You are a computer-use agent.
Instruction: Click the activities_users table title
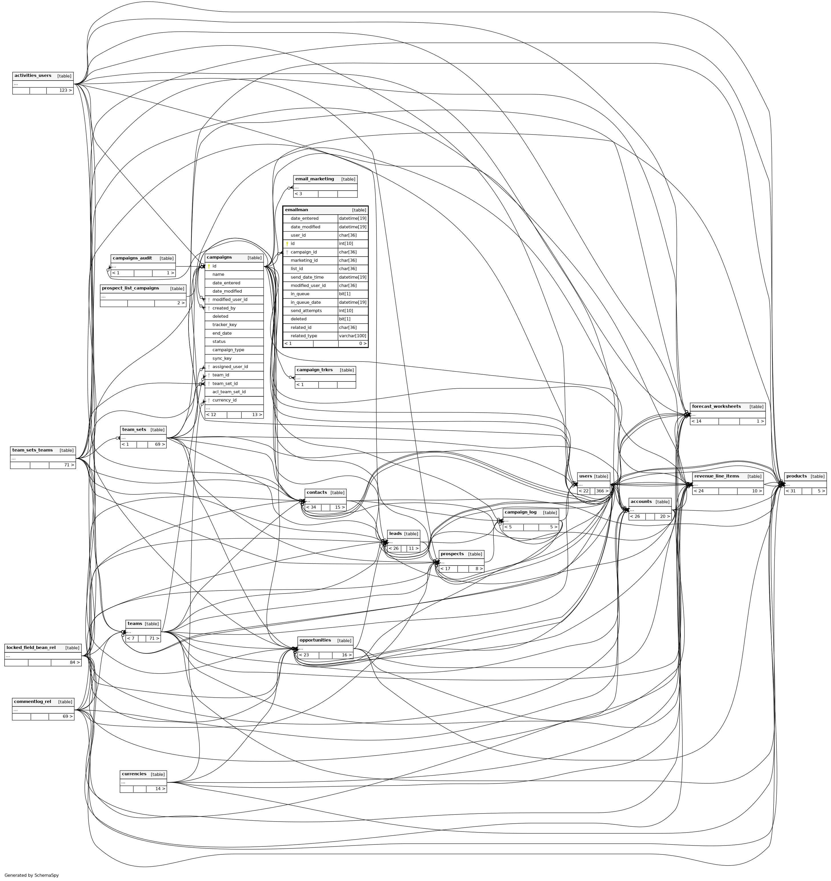pyautogui.click(x=33, y=76)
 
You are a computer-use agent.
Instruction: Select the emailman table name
pyautogui.click(x=296, y=210)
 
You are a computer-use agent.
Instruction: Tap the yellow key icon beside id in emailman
pyautogui.click(x=287, y=244)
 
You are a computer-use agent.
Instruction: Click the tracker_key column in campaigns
pyautogui.click(x=224, y=325)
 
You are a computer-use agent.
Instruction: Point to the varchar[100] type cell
pyautogui.click(x=353, y=336)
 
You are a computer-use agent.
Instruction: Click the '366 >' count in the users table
pyautogui.click(x=602, y=491)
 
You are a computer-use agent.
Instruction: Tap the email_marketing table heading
pyautogui.click(x=315, y=179)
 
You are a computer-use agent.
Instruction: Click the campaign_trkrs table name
pyautogui.click(x=315, y=370)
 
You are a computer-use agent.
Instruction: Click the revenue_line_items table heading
pyautogui.click(x=717, y=476)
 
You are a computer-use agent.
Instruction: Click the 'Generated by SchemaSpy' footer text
pyautogui.click(x=31, y=875)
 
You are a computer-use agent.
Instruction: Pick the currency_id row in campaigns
pyautogui.click(x=224, y=400)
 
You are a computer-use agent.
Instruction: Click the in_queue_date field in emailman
pyautogui.click(x=306, y=302)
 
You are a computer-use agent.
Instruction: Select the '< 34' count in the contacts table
pyautogui.click(x=311, y=508)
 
